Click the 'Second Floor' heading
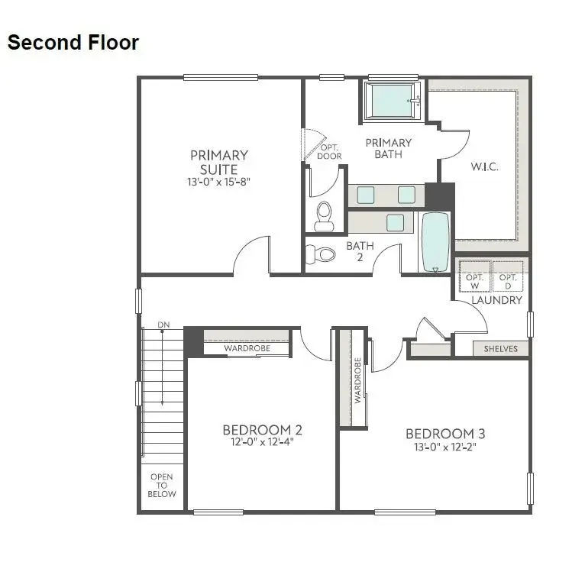pos(73,43)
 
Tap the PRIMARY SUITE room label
pos(219,162)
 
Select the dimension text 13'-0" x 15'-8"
pos(219,182)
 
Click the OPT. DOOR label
pos(330,151)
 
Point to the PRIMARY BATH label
pos(388,148)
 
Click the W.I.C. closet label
pos(483,166)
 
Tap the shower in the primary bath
pos(392,101)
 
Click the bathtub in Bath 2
pos(436,241)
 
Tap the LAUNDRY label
pos(496,300)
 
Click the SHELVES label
pos(500,349)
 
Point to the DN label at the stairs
pos(163,325)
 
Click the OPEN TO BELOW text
pos(162,485)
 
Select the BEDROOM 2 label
pos(263,429)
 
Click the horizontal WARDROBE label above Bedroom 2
pos(246,349)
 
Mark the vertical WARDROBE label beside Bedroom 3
pos(357,380)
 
